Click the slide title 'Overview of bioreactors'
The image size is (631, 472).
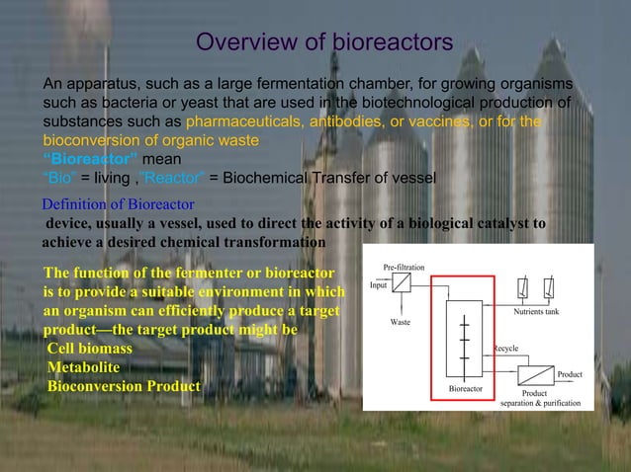point(324,42)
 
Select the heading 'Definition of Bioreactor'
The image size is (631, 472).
point(118,203)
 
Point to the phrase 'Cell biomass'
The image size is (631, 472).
point(89,349)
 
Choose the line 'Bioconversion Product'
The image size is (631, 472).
point(123,385)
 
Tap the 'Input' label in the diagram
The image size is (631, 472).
point(378,285)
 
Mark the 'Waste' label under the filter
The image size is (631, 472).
point(401,323)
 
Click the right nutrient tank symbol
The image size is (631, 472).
point(549,286)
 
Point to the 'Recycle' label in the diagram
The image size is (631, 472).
point(506,349)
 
